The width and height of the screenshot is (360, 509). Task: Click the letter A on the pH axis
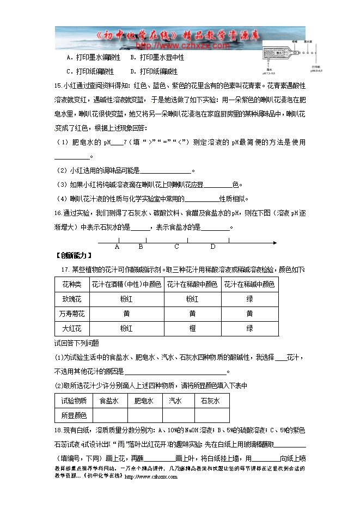pos(117,247)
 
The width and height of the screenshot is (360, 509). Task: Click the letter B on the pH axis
pos(141,247)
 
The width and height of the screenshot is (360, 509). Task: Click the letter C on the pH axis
pos(176,247)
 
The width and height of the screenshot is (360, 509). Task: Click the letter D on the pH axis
pos(213,247)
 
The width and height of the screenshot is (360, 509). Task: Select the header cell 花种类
pos(71,284)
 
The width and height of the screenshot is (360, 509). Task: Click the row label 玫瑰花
pos(71,299)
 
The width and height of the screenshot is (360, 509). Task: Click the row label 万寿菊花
pos(71,314)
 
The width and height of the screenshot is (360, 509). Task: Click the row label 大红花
pos(71,328)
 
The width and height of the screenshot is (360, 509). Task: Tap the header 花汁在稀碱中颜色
pos(249,284)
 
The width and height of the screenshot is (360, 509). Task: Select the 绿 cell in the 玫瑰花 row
pos(249,299)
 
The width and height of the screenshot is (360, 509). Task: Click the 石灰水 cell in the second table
pos(210,401)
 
